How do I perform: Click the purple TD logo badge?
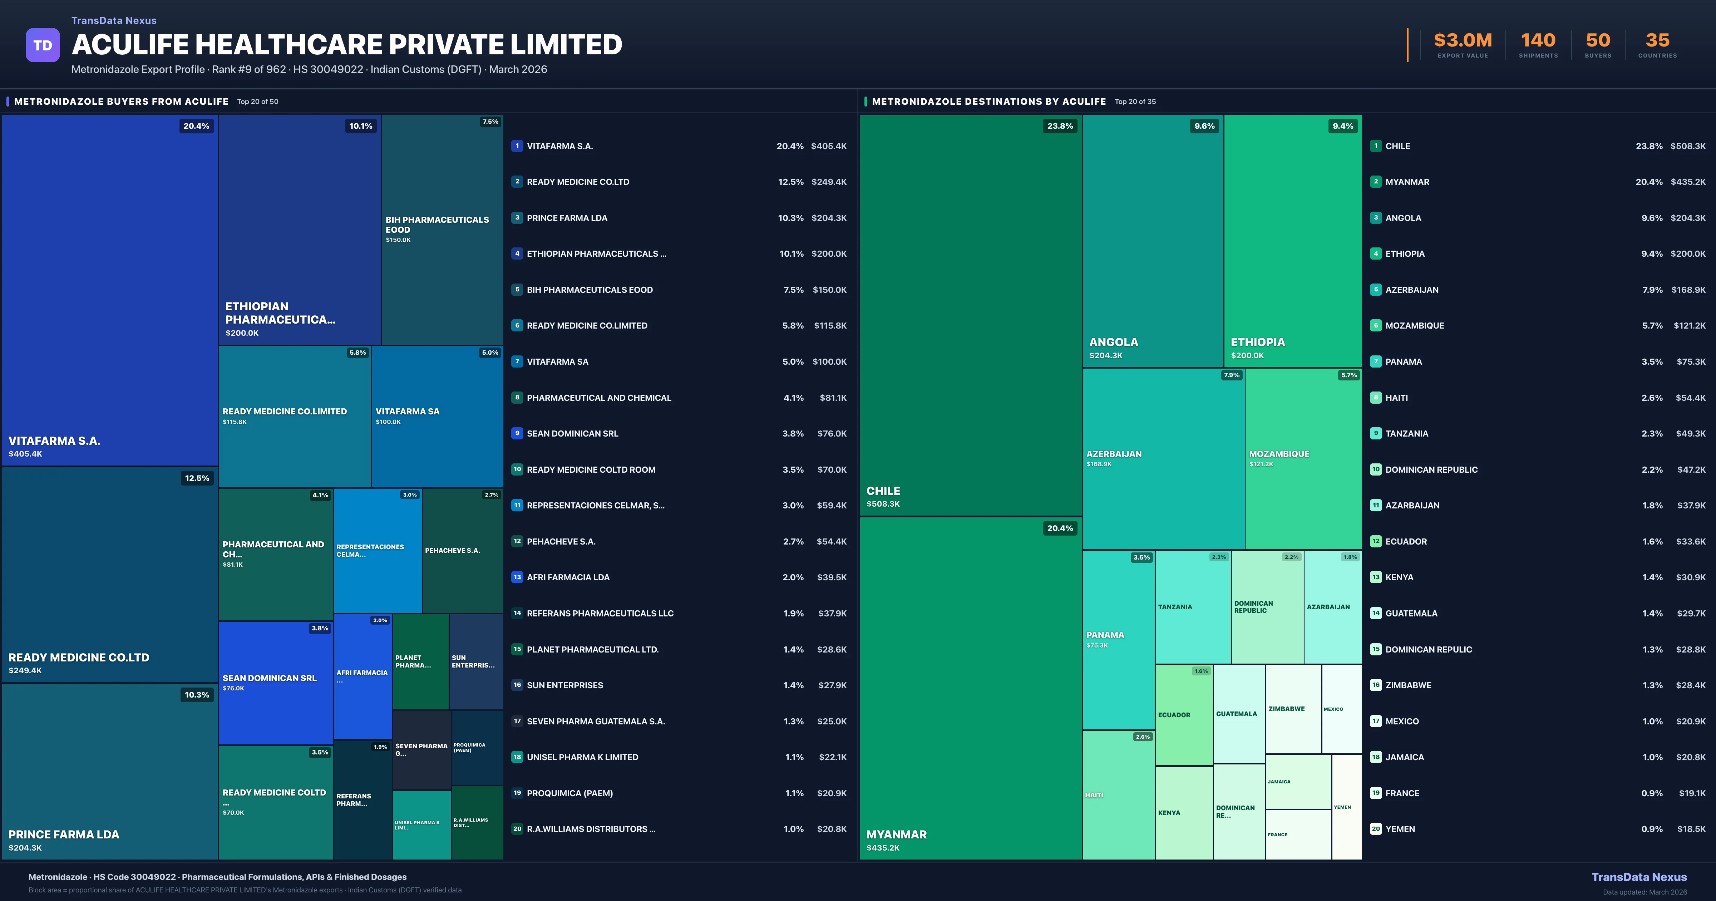coord(43,45)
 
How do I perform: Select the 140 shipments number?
coord(1538,41)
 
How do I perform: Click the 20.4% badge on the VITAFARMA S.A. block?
coord(197,126)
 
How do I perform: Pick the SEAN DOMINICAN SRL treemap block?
coord(276,683)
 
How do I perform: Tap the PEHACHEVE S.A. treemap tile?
coord(462,551)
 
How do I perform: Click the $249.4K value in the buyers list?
coord(829,182)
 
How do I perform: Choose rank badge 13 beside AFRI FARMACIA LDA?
coord(517,577)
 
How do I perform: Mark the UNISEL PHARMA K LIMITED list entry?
coord(582,757)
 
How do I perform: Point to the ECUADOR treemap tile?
coord(1184,715)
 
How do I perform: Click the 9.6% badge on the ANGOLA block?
coord(1204,126)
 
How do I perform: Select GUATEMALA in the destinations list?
coord(1411,613)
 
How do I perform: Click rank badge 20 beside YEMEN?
coord(1376,829)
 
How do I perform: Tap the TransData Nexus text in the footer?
coord(1639,877)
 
